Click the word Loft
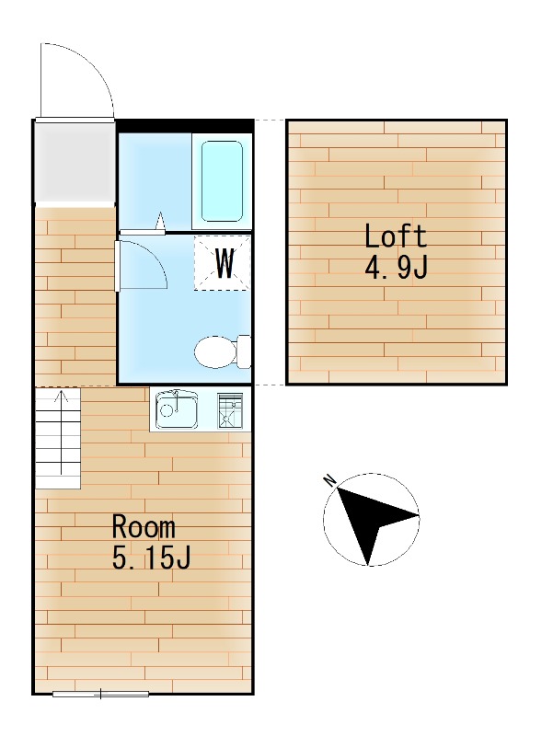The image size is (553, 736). tap(396, 236)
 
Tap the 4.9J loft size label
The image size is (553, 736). tap(396, 269)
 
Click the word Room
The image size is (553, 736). tap(144, 527)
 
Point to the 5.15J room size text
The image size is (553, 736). tap(151, 558)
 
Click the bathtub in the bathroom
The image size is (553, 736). tap(222, 180)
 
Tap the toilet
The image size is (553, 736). tap(222, 351)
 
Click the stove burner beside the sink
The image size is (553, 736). tap(230, 409)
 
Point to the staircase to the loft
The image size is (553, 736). tap(58, 438)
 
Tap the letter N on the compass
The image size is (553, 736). tap(328, 479)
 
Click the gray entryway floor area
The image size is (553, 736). tap(74, 160)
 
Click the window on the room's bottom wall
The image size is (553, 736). tap(100, 693)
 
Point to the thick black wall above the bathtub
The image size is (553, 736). tap(184, 126)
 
